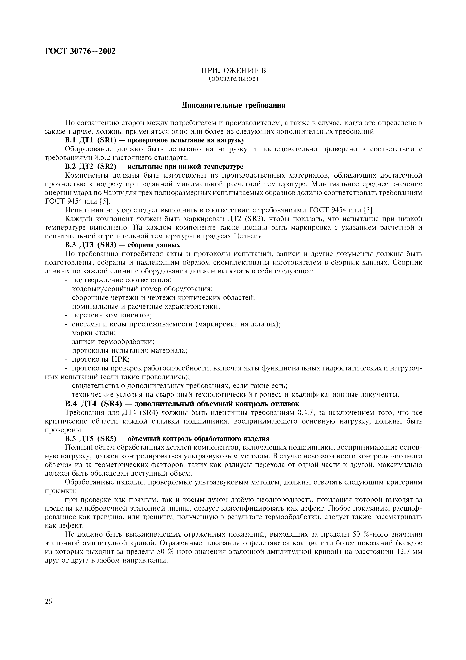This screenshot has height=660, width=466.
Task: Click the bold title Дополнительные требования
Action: pyautogui.click(x=233, y=106)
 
